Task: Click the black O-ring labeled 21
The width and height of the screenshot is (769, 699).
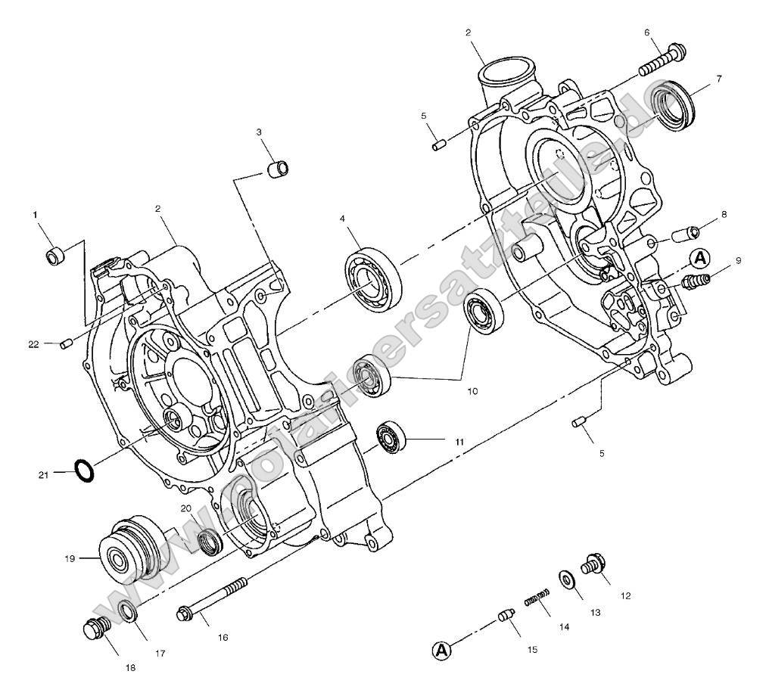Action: point(85,469)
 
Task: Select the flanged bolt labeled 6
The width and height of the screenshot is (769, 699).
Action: point(662,61)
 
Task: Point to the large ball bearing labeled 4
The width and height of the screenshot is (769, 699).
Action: point(372,278)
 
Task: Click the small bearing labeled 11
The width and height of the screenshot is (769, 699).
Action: point(391,438)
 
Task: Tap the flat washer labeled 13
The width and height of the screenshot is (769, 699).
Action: point(567,579)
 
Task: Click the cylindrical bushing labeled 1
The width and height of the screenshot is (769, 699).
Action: point(56,256)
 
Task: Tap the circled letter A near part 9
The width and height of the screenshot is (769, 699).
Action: point(700,258)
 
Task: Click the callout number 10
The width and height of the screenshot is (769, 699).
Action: point(472,392)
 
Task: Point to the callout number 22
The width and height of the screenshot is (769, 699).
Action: point(33,343)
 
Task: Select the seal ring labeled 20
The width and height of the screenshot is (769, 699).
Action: point(210,542)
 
